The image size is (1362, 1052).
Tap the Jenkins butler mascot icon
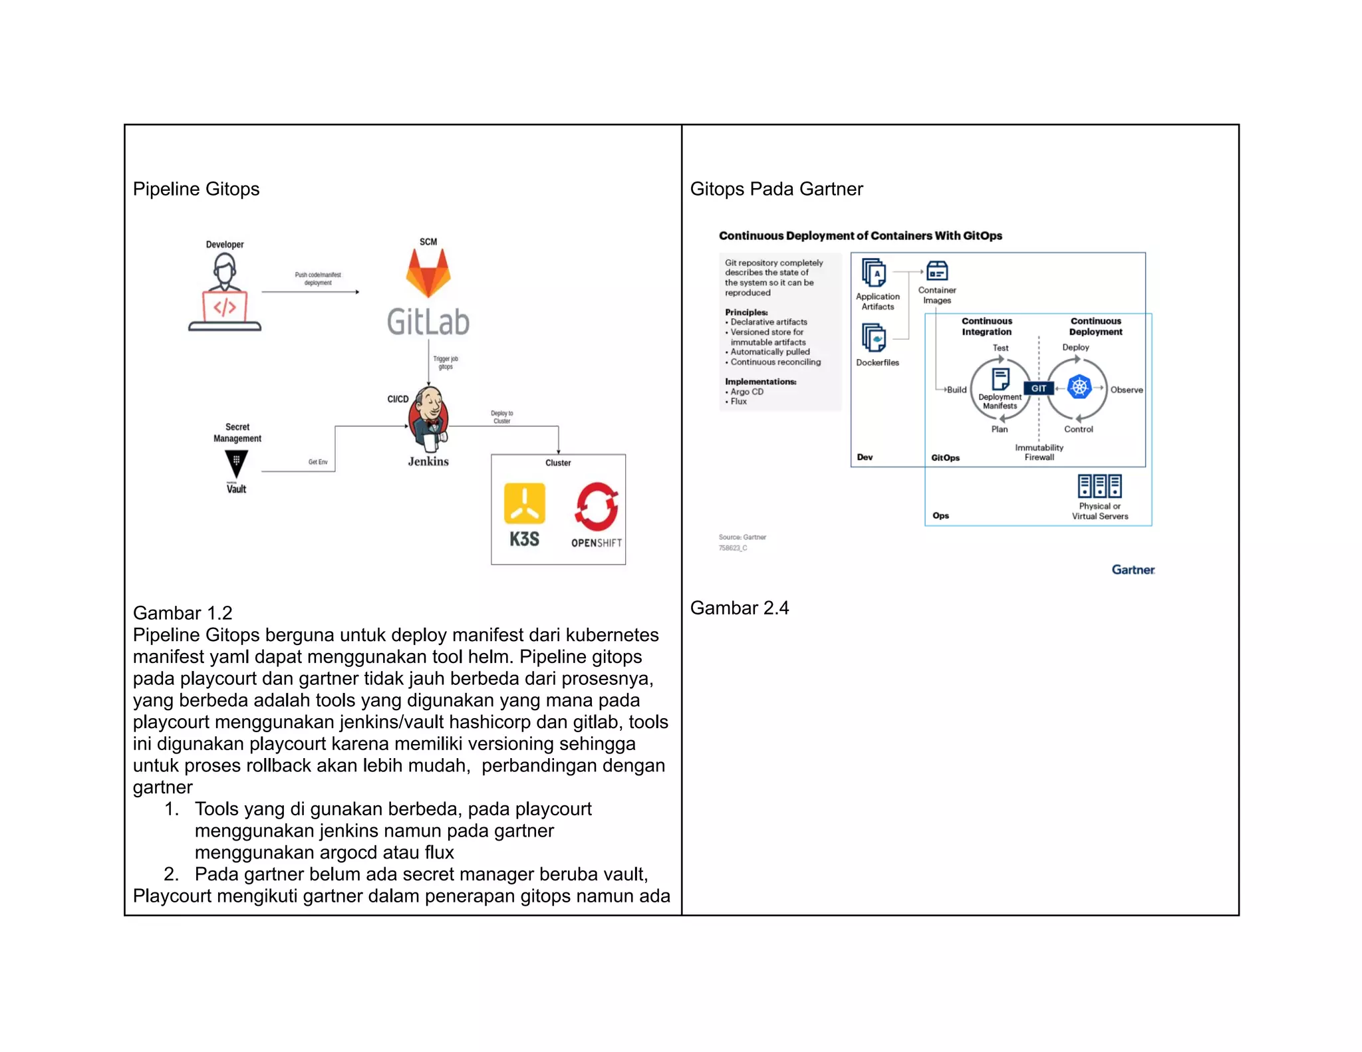(429, 418)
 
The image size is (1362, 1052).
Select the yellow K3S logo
(524, 504)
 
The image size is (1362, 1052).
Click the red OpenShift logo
(597, 506)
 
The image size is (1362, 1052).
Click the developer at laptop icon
(225, 293)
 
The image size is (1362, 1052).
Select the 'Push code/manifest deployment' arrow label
(318, 279)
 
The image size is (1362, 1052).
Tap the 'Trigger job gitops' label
(446, 362)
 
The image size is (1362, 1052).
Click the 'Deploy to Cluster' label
(502, 417)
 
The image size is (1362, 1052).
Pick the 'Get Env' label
(318, 461)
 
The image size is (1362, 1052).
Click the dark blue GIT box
(1039, 388)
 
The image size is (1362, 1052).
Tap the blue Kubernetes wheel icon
(1079, 386)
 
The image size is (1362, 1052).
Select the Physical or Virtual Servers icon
(1099, 486)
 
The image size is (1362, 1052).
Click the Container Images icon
(937, 271)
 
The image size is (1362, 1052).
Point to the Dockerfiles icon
(874, 338)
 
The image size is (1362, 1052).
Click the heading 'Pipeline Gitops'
(196, 189)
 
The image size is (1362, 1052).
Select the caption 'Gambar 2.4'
(740, 608)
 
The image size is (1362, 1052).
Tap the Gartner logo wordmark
(1133, 570)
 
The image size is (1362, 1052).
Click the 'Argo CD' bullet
(746, 392)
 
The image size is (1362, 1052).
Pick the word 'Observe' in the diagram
(1126, 390)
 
